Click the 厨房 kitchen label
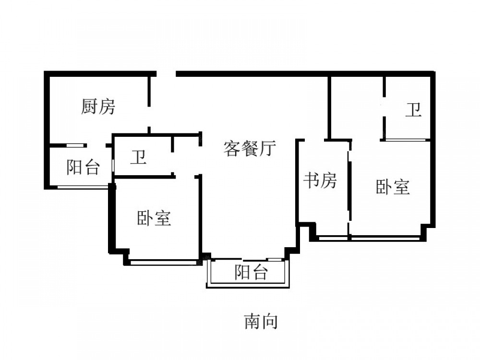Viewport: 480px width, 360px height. click(98, 107)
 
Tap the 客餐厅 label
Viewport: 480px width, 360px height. click(250, 149)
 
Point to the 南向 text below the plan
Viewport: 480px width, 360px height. click(261, 321)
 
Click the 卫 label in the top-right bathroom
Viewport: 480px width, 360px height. click(413, 110)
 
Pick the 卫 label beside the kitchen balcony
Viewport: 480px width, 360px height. click(139, 157)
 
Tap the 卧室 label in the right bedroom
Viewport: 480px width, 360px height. click(393, 187)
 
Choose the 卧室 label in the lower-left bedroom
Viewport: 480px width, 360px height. click(154, 218)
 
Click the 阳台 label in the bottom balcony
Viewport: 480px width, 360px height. click(251, 273)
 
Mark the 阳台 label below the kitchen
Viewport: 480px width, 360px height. click(83, 168)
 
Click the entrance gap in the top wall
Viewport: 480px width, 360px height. click(166, 73)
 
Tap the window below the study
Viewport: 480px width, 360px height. click(332, 237)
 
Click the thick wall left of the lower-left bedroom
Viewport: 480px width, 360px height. click(112, 216)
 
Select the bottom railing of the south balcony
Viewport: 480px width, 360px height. click(248, 287)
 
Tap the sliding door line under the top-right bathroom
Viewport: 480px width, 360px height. click(406, 140)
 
